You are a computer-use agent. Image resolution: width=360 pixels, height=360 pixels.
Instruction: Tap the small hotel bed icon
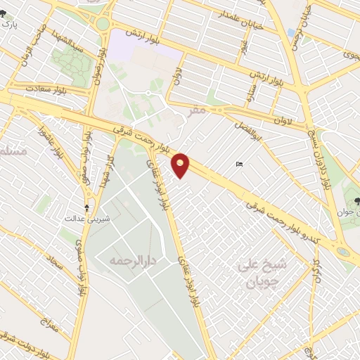click(240, 165)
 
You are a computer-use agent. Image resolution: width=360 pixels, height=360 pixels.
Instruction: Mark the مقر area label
click(198, 110)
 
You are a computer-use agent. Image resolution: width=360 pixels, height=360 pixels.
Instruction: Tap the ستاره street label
click(252, 93)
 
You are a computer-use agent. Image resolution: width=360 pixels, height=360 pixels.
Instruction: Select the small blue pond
click(291, 33)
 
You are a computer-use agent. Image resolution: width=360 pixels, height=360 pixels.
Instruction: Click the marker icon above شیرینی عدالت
click(86, 207)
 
